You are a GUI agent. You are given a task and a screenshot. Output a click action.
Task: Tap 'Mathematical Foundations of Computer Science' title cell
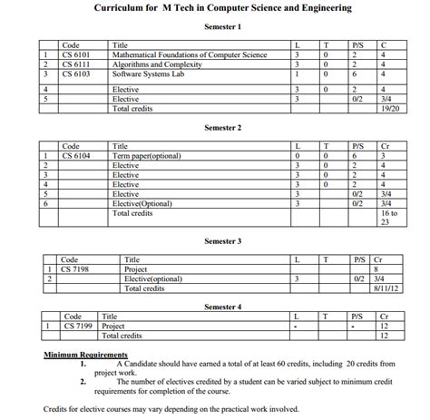click(x=189, y=54)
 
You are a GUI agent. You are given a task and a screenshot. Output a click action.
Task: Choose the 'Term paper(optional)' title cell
click(x=144, y=156)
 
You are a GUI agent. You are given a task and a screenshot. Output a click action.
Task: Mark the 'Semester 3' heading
click(x=222, y=241)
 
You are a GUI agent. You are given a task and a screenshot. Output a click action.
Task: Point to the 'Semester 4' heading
click(x=222, y=307)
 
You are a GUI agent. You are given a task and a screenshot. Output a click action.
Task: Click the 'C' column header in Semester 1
click(x=385, y=44)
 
